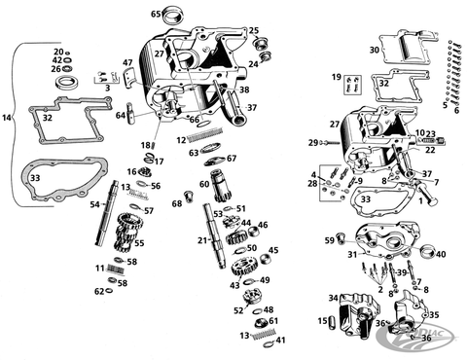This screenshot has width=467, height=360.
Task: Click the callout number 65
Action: [x=156, y=14]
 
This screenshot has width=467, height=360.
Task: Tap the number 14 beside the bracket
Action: [x=7, y=118]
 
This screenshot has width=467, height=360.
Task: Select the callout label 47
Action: [x=126, y=63]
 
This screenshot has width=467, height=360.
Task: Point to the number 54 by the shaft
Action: [x=94, y=204]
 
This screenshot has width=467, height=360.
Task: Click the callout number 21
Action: [x=201, y=239]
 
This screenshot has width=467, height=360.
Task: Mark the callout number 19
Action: [x=337, y=77]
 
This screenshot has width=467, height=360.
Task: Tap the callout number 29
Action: [x=314, y=143]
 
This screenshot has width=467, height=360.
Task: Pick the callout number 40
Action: [x=441, y=255]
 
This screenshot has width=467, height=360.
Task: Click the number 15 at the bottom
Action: [x=322, y=321]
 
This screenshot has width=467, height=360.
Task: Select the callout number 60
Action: [x=204, y=183]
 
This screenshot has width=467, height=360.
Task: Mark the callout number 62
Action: [x=99, y=291]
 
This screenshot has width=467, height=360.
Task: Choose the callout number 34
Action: [x=333, y=298]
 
